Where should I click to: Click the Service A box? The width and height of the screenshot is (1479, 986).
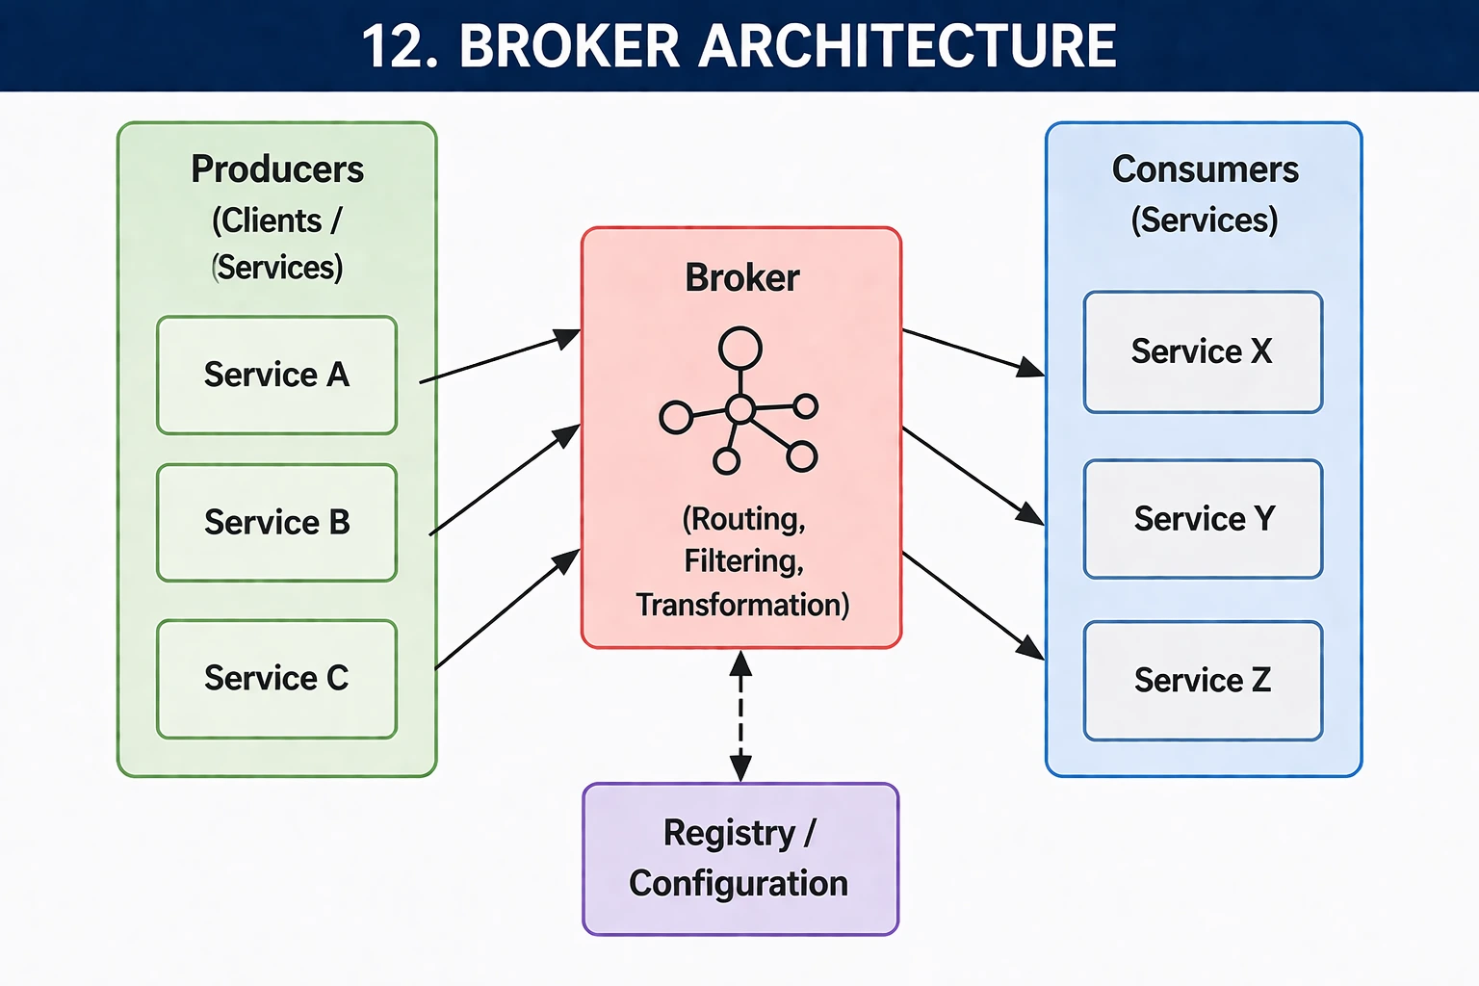click(276, 375)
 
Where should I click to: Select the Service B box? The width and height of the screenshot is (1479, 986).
click(276, 523)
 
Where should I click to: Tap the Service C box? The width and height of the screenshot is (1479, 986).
click(276, 679)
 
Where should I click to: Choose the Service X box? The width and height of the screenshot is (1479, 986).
click(1203, 352)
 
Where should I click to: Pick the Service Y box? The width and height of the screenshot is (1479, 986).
click(1203, 519)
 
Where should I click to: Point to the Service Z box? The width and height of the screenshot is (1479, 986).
click(1203, 681)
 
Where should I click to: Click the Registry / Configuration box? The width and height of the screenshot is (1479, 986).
click(739, 858)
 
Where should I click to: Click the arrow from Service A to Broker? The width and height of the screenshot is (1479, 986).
click(500, 357)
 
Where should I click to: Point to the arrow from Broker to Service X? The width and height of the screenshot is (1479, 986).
click(973, 352)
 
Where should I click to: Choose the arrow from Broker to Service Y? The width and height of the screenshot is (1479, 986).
click(973, 477)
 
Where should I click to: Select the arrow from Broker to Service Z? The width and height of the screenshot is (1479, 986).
click(973, 606)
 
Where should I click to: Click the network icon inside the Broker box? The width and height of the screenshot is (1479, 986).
click(739, 404)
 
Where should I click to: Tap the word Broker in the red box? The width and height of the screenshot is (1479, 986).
click(741, 278)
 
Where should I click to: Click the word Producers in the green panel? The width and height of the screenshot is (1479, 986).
click(276, 169)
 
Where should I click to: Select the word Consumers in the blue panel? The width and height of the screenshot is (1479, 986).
click(1205, 169)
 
